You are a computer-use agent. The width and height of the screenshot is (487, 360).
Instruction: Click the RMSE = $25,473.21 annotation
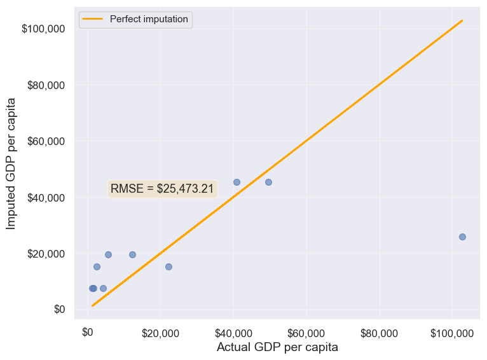[x=162, y=189]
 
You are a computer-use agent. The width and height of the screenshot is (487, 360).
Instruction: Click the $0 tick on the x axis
[x=88, y=332]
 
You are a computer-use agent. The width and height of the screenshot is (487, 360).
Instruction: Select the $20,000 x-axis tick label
[x=160, y=332]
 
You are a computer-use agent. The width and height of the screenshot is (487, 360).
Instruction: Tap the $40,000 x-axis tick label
[x=233, y=332]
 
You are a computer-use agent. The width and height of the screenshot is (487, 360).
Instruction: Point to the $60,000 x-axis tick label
[x=306, y=332]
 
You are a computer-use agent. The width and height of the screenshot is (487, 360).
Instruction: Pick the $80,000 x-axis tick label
[x=379, y=332]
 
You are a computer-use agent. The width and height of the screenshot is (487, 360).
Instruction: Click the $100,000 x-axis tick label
[x=451, y=332]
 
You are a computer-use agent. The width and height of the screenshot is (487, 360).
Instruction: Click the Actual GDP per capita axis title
[x=277, y=347]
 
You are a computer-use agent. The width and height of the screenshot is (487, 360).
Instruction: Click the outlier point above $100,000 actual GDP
[x=462, y=237]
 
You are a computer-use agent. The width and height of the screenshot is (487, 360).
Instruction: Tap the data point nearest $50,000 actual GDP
[x=268, y=182]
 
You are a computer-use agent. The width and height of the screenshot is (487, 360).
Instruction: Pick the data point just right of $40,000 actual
[x=237, y=182]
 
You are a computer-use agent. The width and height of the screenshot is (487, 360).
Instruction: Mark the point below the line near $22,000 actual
[x=168, y=267]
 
